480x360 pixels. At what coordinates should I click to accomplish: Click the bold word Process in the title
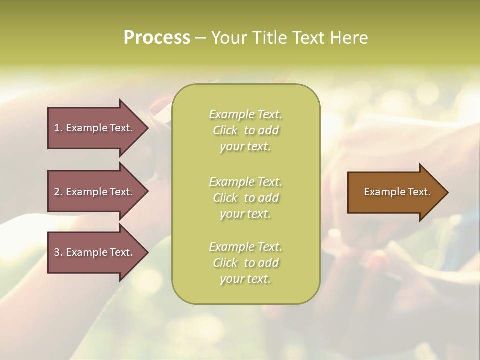157,38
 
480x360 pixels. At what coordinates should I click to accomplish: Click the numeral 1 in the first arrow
57,128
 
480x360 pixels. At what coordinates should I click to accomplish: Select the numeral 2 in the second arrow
57,192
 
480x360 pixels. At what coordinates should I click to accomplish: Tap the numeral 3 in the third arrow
57,252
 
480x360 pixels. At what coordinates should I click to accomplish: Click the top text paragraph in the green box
246,130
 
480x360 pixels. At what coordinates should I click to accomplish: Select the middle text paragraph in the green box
246,198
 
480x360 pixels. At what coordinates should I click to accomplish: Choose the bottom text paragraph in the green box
246,263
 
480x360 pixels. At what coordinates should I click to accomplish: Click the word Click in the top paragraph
225,130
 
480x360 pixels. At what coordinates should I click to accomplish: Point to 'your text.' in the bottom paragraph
245,279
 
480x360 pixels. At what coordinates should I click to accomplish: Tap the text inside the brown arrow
397,192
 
